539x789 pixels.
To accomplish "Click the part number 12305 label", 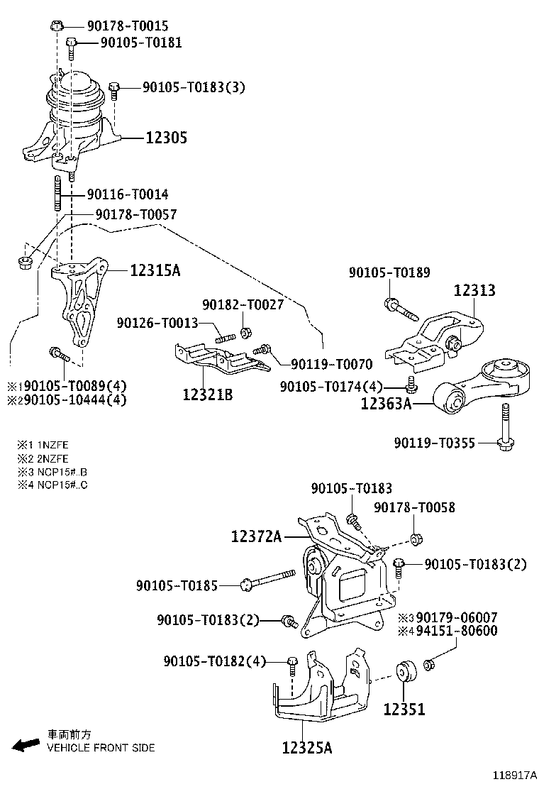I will point(167,138).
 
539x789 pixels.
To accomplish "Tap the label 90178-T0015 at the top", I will point(128,26).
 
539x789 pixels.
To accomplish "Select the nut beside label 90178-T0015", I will point(57,26).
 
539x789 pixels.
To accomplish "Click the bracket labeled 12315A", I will point(79,298).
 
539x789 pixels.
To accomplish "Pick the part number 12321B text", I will point(208,394).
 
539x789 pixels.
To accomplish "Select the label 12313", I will point(474,290).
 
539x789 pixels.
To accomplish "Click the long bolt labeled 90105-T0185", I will point(269,580).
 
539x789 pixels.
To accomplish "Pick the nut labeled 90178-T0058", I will point(416,540).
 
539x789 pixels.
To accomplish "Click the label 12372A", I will point(255,537).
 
